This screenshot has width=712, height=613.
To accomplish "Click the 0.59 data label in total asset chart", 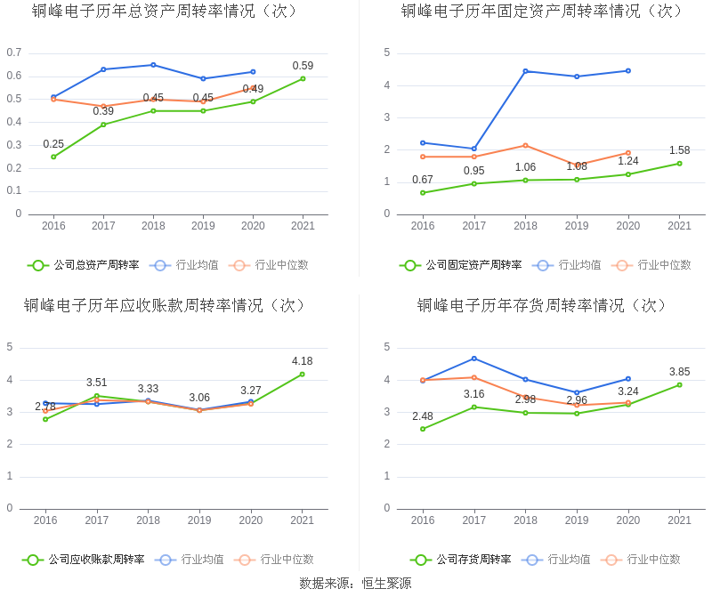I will click(x=303, y=66).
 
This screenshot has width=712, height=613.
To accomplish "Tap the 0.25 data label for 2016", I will click(x=53, y=144).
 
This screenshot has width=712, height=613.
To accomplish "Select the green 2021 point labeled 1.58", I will click(x=679, y=164).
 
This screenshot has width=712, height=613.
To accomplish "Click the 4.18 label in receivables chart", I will click(x=302, y=361).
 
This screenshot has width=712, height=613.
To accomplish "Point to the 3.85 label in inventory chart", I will click(x=679, y=372).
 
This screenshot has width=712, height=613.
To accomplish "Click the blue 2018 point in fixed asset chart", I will click(x=525, y=71).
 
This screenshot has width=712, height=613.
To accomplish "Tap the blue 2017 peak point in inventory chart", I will click(x=473, y=359).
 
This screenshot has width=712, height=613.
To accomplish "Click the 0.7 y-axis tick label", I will click(x=13, y=52).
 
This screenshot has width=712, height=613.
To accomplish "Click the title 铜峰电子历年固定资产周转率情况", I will click(x=543, y=12).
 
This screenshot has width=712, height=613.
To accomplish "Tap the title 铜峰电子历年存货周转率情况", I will click(x=543, y=306).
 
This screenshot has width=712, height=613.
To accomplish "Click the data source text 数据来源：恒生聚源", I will click(x=355, y=584).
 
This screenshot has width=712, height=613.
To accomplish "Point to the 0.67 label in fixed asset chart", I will click(x=423, y=180).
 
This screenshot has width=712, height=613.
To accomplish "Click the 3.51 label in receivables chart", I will click(x=97, y=383).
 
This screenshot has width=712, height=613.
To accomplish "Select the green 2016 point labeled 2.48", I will click(x=423, y=429).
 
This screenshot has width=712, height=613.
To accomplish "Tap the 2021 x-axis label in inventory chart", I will click(x=679, y=520).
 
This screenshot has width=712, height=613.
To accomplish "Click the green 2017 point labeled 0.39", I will click(x=103, y=125).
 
